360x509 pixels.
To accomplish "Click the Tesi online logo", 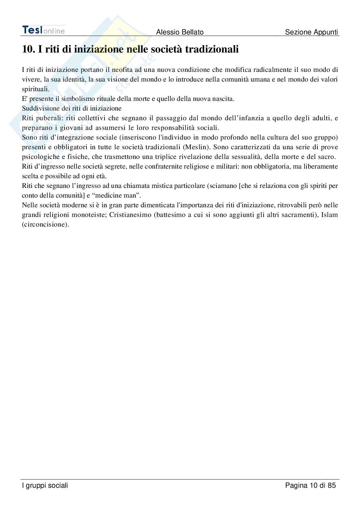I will [44, 30].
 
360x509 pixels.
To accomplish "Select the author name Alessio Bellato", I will [180, 32].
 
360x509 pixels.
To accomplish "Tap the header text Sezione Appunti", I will [312, 32].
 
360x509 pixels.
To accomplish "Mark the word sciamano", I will [222, 186].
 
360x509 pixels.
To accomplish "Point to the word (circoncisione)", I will [45, 224].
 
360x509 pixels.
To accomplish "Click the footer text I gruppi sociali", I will [45, 485].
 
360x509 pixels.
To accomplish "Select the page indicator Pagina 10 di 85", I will [311, 485].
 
